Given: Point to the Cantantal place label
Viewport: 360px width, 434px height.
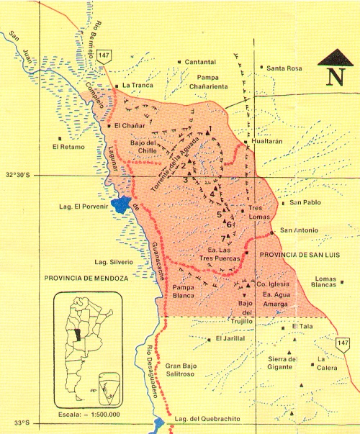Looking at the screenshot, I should (x=201, y=62).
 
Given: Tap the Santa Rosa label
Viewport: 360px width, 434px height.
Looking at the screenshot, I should (x=284, y=68).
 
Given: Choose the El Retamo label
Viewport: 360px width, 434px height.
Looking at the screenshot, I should (x=68, y=148).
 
